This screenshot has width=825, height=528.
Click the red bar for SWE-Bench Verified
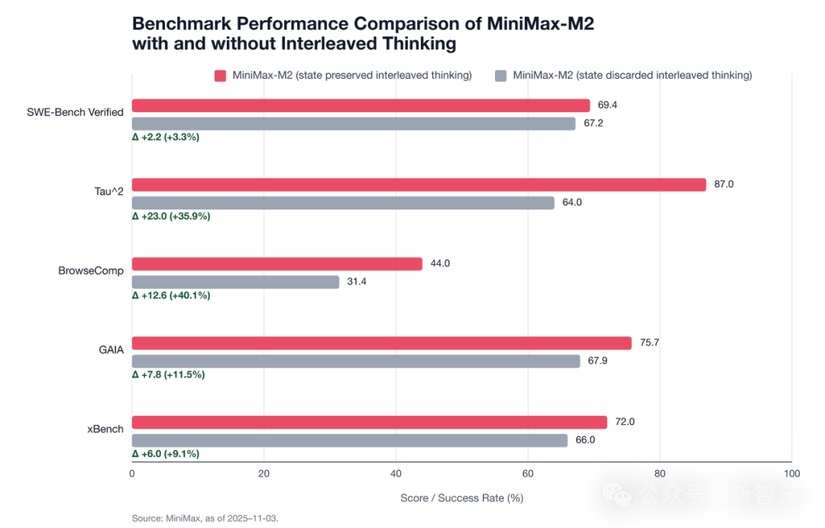pyautogui.click(x=361, y=105)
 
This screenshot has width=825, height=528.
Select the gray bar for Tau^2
pyautogui.click(x=344, y=203)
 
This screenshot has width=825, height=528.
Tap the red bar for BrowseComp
pyautogui.click(x=278, y=264)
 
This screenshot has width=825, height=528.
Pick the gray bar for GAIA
pyautogui.click(x=357, y=361)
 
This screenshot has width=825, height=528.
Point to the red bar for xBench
pyautogui.click(x=370, y=423)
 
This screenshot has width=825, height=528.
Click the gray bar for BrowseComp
pyautogui.click(x=236, y=282)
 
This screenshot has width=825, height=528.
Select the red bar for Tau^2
pyautogui.click(x=419, y=185)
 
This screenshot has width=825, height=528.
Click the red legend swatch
pyautogui.click(x=220, y=76)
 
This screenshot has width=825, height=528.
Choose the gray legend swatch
pyautogui.click(x=501, y=76)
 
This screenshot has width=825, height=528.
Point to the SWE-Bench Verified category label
pyautogui.click(x=75, y=112)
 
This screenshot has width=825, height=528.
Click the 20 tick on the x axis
pyautogui.click(x=264, y=472)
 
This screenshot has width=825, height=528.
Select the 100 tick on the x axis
pyautogui.click(x=792, y=472)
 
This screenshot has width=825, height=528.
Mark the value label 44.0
pyautogui.click(x=440, y=264)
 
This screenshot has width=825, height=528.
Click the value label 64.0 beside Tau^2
pyautogui.click(x=572, y=203)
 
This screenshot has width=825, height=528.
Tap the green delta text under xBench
pyautogui.click(x=167, y=454)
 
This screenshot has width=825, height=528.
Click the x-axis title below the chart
pyautogui.click(x=461, y=497)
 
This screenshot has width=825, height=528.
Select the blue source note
pyautogui.click(x=205, y=518)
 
